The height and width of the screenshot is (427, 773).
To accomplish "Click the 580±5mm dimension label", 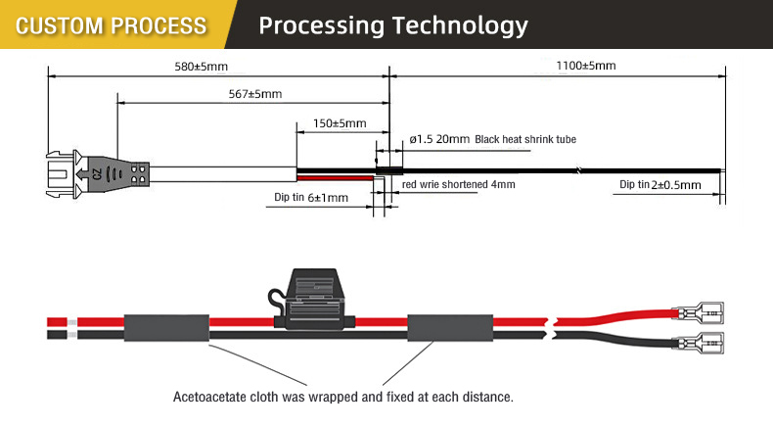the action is [202, 67].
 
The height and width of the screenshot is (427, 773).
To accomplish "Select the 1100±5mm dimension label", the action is [586, 66].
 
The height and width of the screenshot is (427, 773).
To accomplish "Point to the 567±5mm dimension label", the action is [254, 94].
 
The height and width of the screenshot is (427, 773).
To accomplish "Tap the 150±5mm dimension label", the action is [340, 123].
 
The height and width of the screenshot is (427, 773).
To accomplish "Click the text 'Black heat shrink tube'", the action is [525, 140].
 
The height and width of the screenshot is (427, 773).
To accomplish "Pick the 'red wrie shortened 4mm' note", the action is [459, 185].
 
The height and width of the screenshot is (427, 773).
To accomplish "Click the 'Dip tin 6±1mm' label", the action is [311, 198].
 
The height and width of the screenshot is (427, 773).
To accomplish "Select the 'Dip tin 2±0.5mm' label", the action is [660, 185].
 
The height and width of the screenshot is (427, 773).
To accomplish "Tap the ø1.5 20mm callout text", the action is [439, 139].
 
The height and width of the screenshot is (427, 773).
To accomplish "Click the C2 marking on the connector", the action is [97, 174].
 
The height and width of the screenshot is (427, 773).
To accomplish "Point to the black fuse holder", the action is [312, 300].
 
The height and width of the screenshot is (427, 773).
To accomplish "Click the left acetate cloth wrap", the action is [166, 328].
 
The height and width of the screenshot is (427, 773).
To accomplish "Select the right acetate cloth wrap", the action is [450, 328].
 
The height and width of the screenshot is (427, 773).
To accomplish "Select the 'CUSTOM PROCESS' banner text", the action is [111, 25].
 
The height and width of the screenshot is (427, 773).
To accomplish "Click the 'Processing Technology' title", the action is [393, 25].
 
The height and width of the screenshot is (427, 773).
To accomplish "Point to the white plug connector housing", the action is [63, 174].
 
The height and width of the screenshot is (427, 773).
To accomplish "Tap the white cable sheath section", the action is [223, 174].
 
